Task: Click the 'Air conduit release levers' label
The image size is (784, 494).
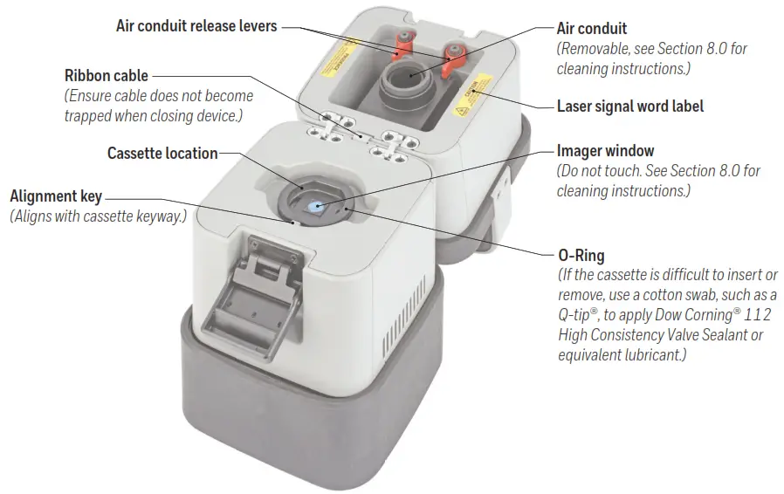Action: click(x=196, y=26)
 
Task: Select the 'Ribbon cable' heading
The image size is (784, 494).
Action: click(x=107, y=76)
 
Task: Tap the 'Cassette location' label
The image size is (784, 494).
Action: click(x=162, y=154)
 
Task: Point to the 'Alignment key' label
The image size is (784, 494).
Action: click(x=56, y=196)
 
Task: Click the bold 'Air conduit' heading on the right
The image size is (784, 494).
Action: click(x=592, y=29)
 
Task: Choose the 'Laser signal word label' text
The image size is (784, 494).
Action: click(x=629, y=106)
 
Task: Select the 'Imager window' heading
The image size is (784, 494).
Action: click(x=605, y=151)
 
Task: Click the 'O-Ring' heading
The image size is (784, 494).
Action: click(x=581, y=256)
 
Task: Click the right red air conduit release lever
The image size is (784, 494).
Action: click(x=454, y=58)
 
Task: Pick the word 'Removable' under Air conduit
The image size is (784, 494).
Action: click(x=595, y=49)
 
